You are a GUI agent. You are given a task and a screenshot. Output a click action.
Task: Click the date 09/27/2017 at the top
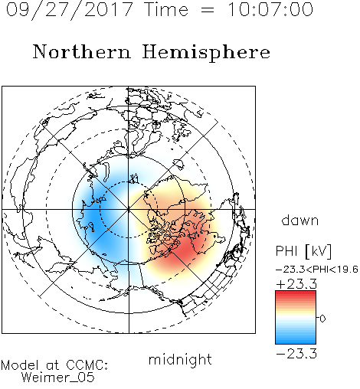(70, 10)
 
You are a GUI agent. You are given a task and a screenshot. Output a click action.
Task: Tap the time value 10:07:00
(270, 9)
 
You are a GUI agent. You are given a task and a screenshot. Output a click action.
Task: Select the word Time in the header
(166, 9)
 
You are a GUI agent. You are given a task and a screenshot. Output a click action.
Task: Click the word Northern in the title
(82, 52)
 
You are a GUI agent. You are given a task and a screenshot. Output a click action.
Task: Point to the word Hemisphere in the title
(206, 53)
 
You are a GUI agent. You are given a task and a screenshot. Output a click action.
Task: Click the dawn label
(300, 220)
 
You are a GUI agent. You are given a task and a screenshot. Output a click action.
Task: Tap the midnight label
(180, 359)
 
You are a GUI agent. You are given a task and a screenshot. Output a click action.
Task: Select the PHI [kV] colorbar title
(303, 251)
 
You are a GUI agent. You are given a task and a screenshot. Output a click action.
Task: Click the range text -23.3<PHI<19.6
(317, 270)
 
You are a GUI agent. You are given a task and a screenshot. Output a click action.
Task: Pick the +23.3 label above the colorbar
(296, 284)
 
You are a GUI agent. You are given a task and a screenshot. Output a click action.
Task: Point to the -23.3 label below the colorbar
(296, 354)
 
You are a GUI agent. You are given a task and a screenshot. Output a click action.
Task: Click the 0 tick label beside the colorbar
(322, 319)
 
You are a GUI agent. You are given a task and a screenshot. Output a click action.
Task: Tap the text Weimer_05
(58, 377)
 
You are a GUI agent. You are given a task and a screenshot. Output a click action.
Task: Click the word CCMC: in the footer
(87, 365)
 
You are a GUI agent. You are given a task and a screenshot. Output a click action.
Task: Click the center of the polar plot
(129, 209)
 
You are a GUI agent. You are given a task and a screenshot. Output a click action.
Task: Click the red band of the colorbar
(296, 296)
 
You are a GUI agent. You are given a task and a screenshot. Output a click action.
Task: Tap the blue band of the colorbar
(296, 338)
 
